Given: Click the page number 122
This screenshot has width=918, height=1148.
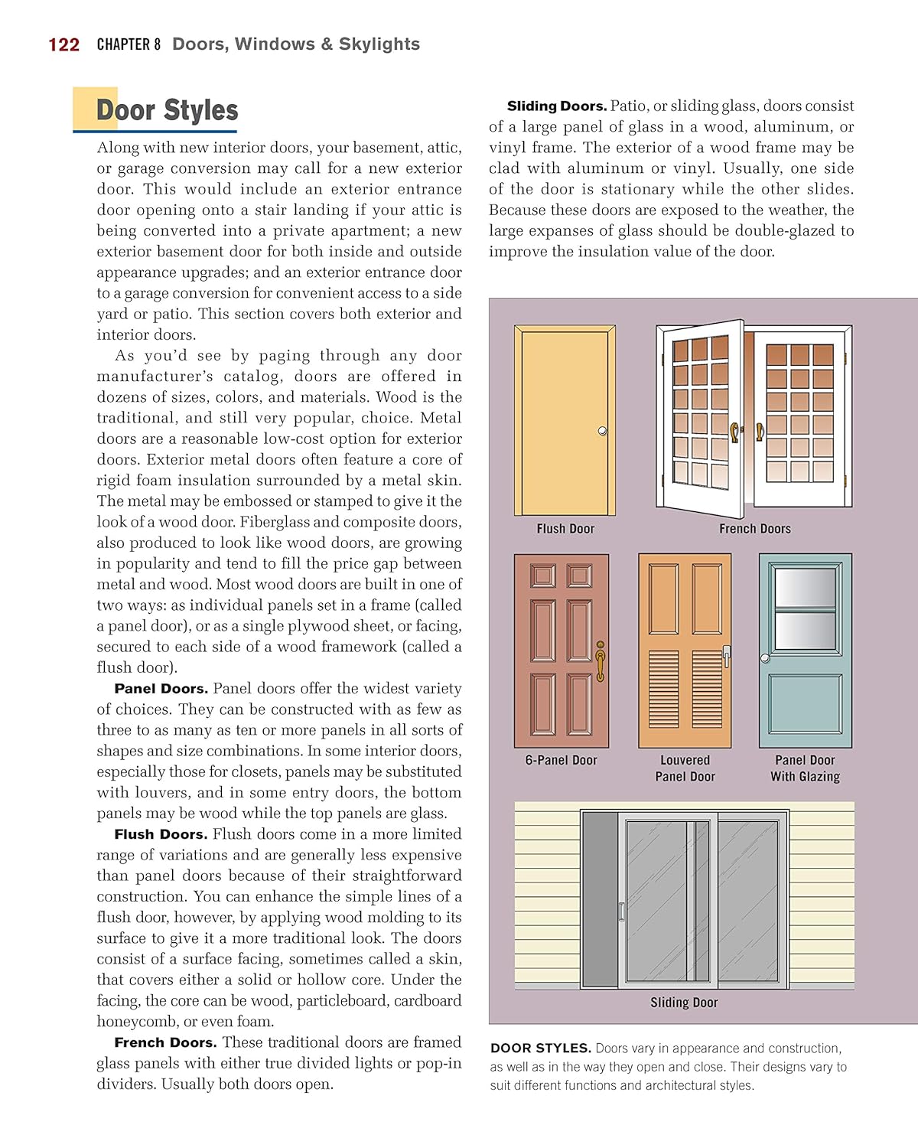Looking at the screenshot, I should pos(63,45).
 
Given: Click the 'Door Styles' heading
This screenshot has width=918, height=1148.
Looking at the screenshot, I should pos(167,110).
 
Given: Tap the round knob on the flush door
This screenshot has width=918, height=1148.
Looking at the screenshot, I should pos(603,432).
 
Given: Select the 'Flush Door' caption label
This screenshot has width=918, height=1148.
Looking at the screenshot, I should pos(565,529).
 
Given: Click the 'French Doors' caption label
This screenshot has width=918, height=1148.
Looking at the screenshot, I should pos(754,529).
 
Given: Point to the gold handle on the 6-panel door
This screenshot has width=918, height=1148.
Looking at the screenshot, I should pos(601,660).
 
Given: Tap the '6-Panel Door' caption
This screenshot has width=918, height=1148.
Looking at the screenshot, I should pos(561,760).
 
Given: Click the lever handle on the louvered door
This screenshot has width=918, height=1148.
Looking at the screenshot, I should pos(726,654).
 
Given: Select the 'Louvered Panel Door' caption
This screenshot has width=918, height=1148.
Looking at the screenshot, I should pos(685,768).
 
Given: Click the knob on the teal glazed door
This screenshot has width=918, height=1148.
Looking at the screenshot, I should pos(765,658).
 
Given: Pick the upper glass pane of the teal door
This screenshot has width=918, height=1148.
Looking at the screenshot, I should pos(805,589).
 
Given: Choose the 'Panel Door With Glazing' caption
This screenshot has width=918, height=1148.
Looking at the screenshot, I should pos(805,768).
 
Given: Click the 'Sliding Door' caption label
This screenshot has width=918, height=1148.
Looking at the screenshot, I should pos(684,1003).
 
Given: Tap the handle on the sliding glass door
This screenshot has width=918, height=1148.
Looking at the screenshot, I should pos(621,912).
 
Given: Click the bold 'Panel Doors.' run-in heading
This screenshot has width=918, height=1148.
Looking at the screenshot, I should pos(161,689).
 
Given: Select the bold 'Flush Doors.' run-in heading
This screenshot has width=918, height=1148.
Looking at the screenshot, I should pos(161,834).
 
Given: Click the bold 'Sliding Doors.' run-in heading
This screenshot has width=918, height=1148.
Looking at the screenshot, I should pos(557,106).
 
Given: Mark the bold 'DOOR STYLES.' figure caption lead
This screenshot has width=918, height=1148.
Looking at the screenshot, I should pos(540,1049).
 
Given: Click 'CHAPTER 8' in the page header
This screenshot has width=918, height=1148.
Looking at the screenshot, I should pos(129,44).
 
